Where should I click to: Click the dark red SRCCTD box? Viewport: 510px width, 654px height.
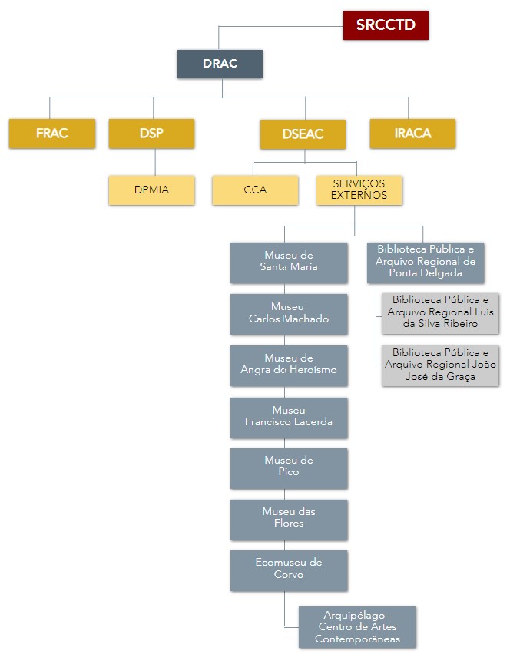[385, 25]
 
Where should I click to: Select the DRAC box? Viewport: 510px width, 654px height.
[220, 64]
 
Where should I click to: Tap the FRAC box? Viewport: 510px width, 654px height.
[52, 134]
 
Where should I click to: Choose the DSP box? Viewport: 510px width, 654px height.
[151, 134]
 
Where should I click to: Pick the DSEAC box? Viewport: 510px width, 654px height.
[303, 134]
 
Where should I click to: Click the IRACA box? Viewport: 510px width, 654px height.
[412, 134]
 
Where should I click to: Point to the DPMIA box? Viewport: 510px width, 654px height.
[151, 190]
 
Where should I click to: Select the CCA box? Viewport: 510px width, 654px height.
[255, 190]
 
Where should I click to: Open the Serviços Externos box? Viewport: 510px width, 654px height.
[359, 190]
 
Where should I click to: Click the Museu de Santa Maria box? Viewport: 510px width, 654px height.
[289, 262]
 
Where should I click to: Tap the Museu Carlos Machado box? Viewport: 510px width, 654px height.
[289, 313]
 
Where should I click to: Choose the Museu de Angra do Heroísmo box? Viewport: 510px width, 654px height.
[289, 365]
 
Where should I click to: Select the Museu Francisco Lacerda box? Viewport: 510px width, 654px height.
[289, 417]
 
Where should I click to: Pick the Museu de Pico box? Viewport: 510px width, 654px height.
[289, 467]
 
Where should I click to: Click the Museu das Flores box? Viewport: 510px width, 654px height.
[289, 518]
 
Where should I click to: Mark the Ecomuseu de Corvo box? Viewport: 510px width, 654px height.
[289, 569]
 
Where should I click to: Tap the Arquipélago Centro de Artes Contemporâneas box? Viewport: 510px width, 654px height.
[357, 626]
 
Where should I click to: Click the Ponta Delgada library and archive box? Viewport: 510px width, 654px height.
[426, 262]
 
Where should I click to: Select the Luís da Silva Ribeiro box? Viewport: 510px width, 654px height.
[440, 312]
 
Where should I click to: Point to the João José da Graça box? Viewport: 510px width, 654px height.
[440, 365]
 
